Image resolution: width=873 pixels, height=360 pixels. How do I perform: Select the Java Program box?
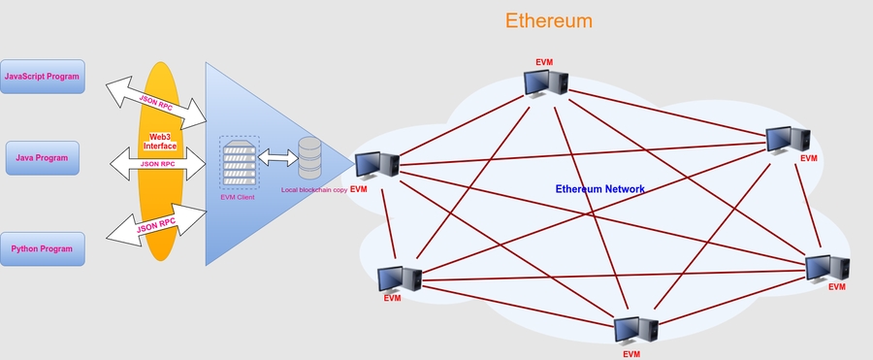coord(42,157)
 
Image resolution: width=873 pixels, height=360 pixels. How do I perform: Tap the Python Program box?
coord(42,248)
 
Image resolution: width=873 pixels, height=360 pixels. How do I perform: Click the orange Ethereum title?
coord(549,20)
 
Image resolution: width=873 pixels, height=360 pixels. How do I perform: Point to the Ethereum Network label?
coord(599,189)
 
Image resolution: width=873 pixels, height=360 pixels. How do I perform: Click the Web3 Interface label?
coord(160,142)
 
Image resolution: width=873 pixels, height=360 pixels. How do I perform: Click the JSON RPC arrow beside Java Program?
coord(157,164)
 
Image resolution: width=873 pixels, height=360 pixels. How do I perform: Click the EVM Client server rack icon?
coord(239,165)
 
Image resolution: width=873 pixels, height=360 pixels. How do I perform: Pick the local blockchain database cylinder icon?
coord(309,157)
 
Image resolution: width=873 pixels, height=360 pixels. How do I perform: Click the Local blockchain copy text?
coord(313,189)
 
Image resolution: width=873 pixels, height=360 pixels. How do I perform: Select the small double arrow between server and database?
coord(275,158)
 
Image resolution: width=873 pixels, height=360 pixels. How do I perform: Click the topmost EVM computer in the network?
coord(545,83)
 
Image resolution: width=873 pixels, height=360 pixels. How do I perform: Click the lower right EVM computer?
coord(828,268)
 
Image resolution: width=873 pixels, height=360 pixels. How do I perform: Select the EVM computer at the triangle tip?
coord(376,167)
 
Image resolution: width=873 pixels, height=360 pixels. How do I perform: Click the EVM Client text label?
coord(238,197)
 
